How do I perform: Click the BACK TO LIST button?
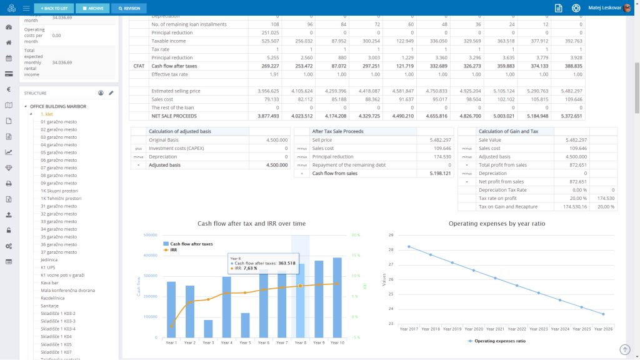coord(54,8)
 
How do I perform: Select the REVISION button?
coord(129,8)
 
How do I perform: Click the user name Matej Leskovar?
coord(604,8)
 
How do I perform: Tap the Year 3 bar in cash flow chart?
coord(208,329)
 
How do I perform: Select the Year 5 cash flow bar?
coord(245,325)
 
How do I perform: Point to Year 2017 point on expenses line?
coord(409,246)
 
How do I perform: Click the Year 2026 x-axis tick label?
coord(603,329)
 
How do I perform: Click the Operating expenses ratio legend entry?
coord(498,341)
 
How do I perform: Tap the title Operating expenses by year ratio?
coord(498,223)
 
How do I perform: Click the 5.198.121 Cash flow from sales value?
coord(437,173)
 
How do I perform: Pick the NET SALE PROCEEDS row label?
coord(174,116)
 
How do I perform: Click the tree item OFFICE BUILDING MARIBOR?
coord(58,106)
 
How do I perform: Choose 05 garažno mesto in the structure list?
coord(58,152)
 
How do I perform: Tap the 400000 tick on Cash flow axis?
coord(150,256)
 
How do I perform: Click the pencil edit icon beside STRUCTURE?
coord(111,92)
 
